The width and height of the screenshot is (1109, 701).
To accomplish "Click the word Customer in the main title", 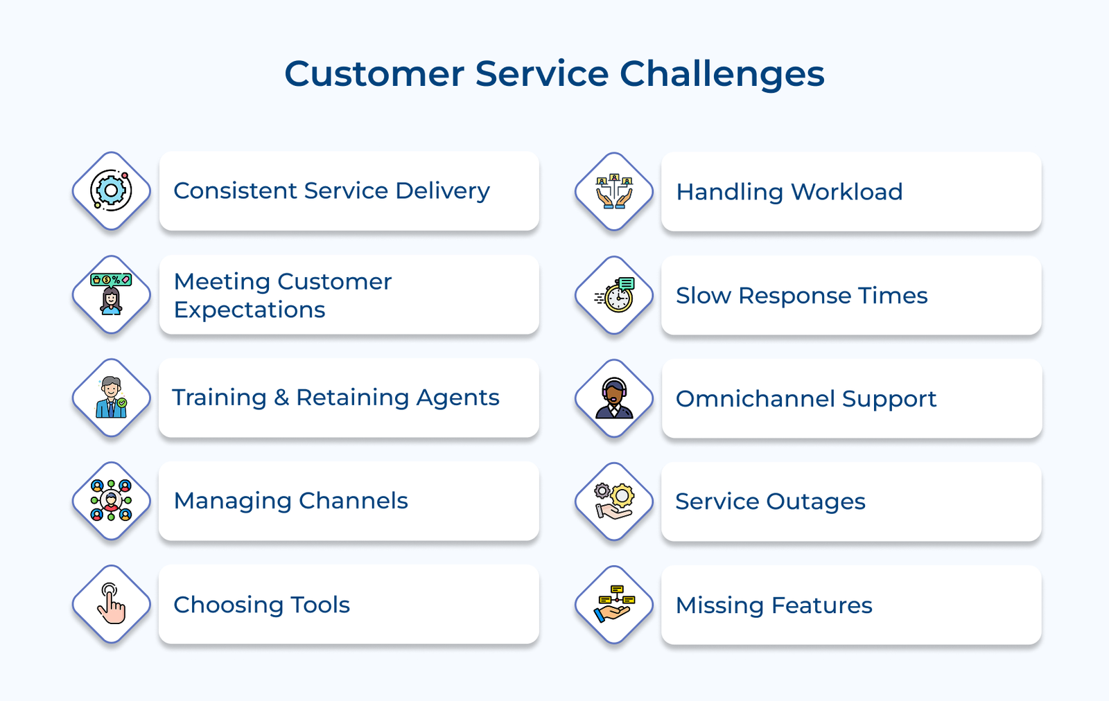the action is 374,74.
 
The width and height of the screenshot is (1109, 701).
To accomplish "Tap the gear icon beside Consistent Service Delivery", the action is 112,190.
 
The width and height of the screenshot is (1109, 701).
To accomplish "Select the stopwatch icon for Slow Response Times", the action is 614,295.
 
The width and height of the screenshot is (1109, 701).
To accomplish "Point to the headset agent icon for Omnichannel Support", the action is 614,398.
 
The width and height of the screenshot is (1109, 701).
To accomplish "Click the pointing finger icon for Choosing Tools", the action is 112,603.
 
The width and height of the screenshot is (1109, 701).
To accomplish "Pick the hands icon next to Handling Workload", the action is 614,191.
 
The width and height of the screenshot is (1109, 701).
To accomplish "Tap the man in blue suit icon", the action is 111,398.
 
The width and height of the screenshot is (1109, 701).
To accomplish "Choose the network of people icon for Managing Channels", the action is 112,500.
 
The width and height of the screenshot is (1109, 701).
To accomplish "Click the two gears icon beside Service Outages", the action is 614,501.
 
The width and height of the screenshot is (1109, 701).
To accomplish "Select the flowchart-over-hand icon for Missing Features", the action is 614,604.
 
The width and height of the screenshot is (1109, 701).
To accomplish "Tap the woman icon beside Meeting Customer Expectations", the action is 111,294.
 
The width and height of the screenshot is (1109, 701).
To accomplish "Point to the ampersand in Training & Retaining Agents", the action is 281,398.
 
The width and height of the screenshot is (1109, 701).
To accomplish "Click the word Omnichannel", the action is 755,399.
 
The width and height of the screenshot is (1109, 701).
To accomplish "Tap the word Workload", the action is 847,192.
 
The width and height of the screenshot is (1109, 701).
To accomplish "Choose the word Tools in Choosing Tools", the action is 320,605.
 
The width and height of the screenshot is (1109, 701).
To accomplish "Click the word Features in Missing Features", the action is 819,605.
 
